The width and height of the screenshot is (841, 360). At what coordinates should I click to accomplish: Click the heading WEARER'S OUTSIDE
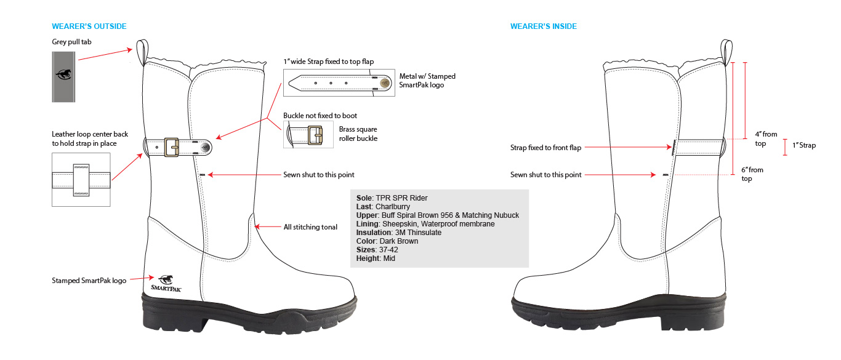pyautogui.click(x=89, y=26)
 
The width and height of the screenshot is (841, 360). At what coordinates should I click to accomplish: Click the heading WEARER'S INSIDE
pyautogui.click(x=544, y=26)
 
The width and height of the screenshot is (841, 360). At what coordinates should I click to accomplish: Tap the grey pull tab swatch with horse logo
pyautogui.click(x=63, y=76)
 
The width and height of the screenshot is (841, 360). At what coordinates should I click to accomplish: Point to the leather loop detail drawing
pyautogui.click(x=81, y=180)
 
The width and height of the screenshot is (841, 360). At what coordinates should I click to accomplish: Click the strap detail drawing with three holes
pyautogui.click(x=339, y=83)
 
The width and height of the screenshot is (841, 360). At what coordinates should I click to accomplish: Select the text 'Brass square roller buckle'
pyautogui.click(x=358, y=134)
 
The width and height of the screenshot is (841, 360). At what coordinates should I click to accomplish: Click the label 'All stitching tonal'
pyautogui.click(x=310, y=227)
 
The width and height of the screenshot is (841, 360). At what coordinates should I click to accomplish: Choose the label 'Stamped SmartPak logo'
pyautogui.click(x=89, y=281)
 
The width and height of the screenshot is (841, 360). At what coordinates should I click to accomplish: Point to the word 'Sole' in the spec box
pyautogui.click(x=364, y=198)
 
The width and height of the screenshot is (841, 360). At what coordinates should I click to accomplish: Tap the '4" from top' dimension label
pyautogui.click(x=766, y=138)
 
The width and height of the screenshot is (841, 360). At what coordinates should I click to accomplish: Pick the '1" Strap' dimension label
pyautogui.click(x=802, y=146)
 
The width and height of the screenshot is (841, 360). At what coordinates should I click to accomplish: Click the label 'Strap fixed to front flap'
pyautogui.click(x=545, y=148)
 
